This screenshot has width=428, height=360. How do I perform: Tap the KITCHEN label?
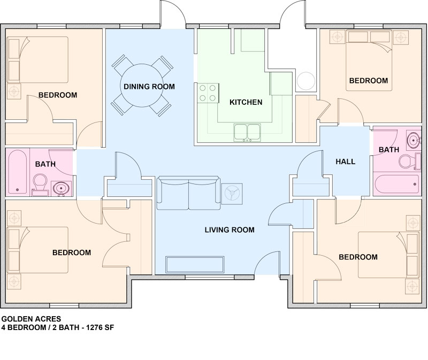click(x=246, y=102)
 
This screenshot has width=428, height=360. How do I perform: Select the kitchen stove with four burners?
click(x=208, y=93)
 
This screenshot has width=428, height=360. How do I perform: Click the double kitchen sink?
click(x=247, y=132)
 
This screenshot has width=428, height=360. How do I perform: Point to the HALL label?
click(x=345, y=162)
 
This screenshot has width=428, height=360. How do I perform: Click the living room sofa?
click(x=189, y=193)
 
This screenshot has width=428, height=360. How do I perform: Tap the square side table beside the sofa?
click(x=232, y=194)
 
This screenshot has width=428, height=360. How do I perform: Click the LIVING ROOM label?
click(x=230, y=230)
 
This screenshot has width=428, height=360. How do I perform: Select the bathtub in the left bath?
click(x=18, y=172)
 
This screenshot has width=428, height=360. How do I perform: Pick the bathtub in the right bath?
click(x=396, y=184)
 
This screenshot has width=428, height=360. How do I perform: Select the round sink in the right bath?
click(x=414, y=140)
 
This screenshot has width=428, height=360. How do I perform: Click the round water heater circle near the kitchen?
click(x=305, y=81)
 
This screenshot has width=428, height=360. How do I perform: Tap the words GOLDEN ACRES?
click(x=31, y=319)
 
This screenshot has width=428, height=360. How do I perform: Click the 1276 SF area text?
click(x=100, y=327)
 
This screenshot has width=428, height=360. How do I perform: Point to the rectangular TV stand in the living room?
click(x=195, y=264)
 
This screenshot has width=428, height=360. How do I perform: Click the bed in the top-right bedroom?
click(x=369, y=60)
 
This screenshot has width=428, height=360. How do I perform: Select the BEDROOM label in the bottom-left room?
click(x=72, y=252)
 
